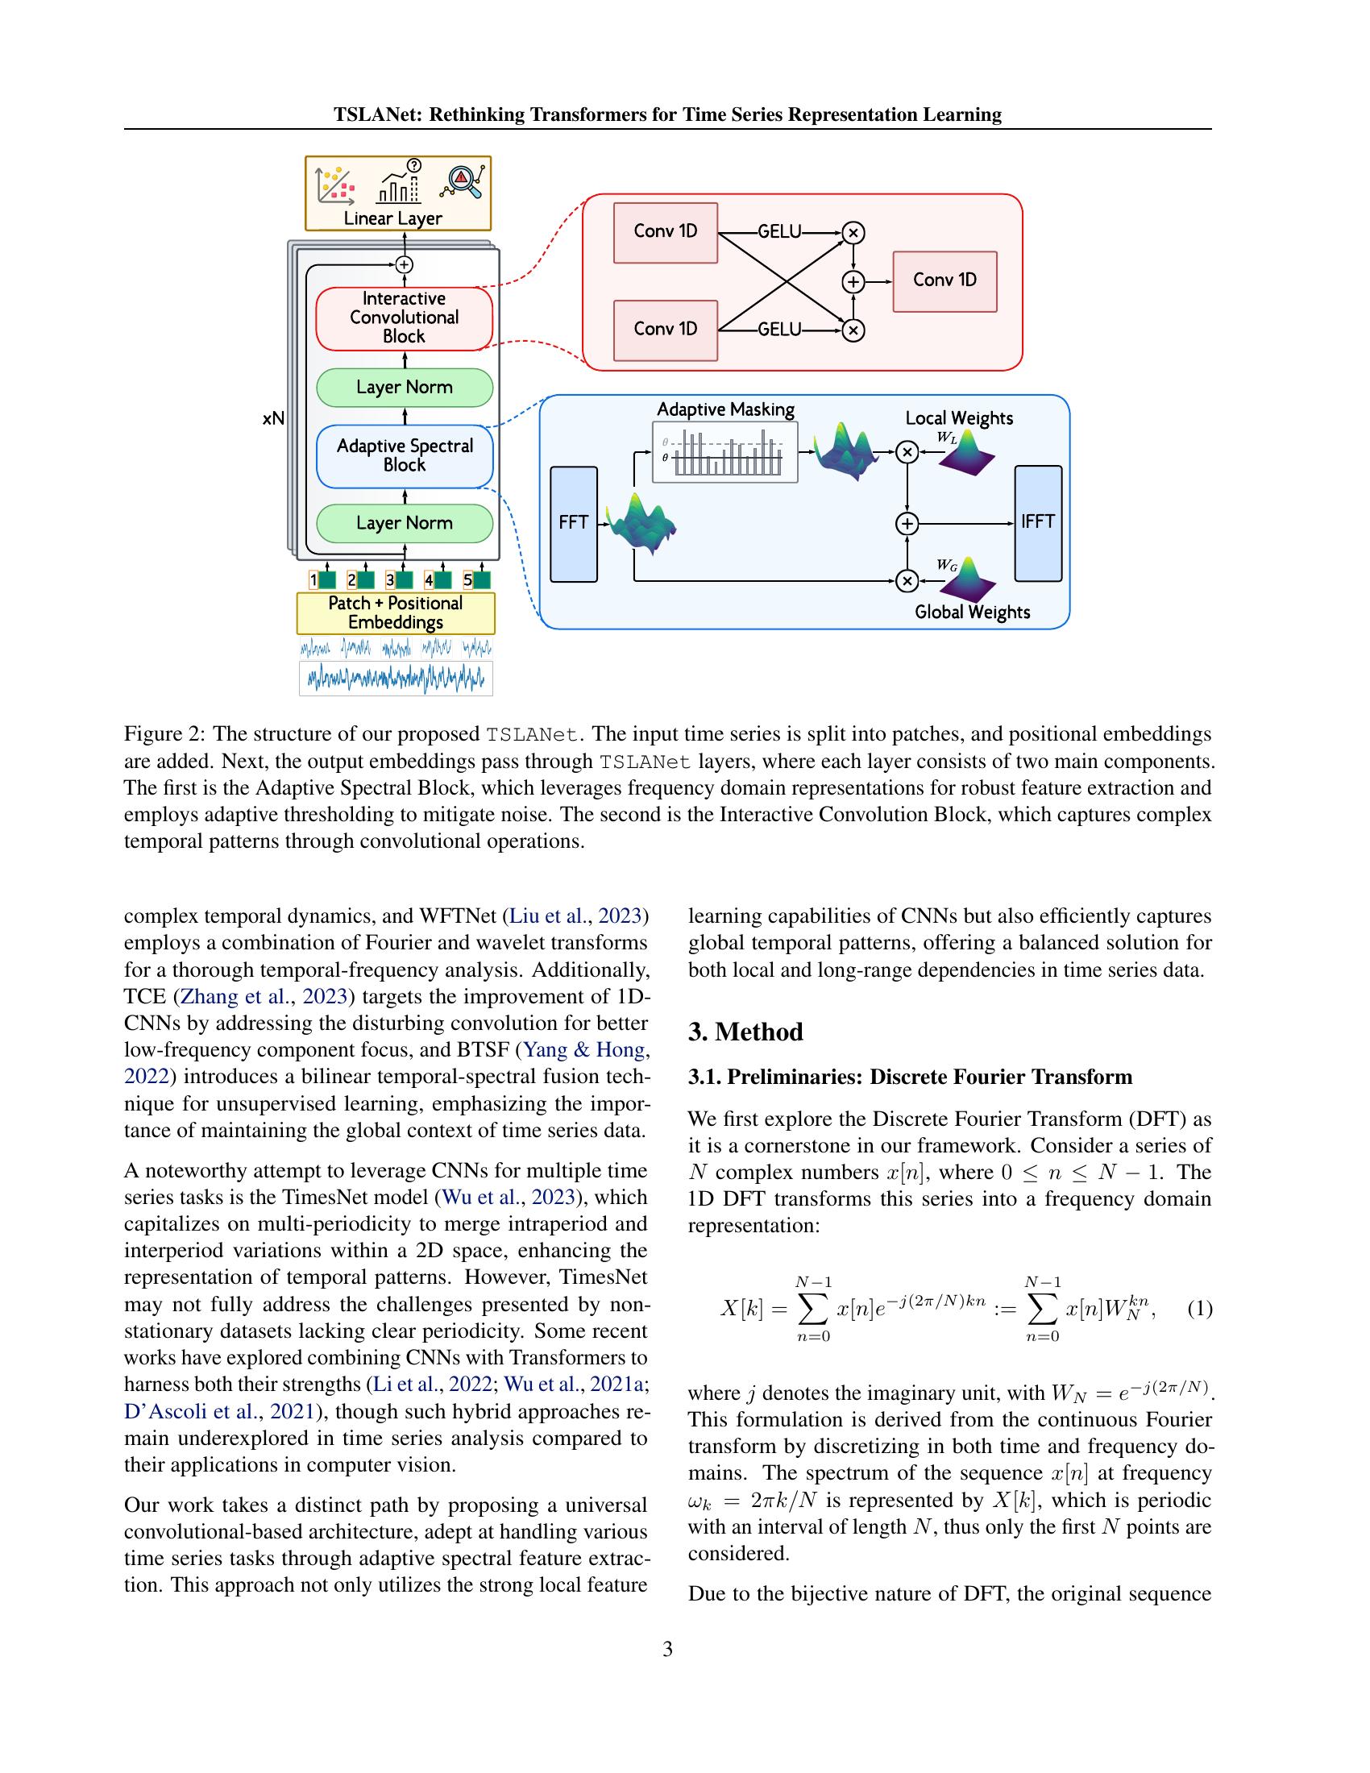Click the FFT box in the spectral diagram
pyautogui.click(x=573, y=524)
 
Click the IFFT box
pyautogui.click(x=1037, y=523)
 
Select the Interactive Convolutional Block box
pyautogui.click(x=405, y=318)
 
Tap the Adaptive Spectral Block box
pyautogui.click(x=405, y=455)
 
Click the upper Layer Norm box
pyautogui.click(x=405, y=387)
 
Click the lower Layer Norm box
pyautogui.click(x=405, y=524)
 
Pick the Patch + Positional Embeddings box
pyautogui.click(x=396, y=613)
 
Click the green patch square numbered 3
pyautogui.click(x=404, y=580)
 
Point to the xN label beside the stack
pyautogui.click(x=273, y=419)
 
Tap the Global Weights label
pyautogui.click(x=972, y=612)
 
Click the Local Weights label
pyautogui.click(x=958, y=418)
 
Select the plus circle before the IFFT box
pyautogui.click(x=907, y=524)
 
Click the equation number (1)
pyautogui.click(x=1199, y=1309)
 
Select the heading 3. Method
pyautogui.click(x=745, y=1032)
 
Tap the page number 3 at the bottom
pyautogui.click(x=667, y=1649)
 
